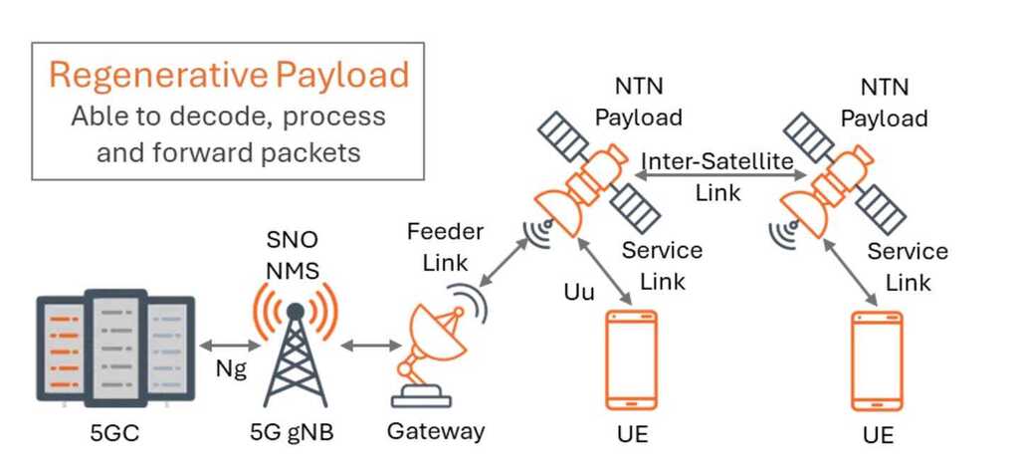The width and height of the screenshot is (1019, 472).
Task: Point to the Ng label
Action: click(x=231, y=369)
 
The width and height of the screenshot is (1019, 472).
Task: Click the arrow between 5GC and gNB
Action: click(x=230, y=345)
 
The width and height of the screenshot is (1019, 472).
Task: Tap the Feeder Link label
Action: click(x=445, y=245)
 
